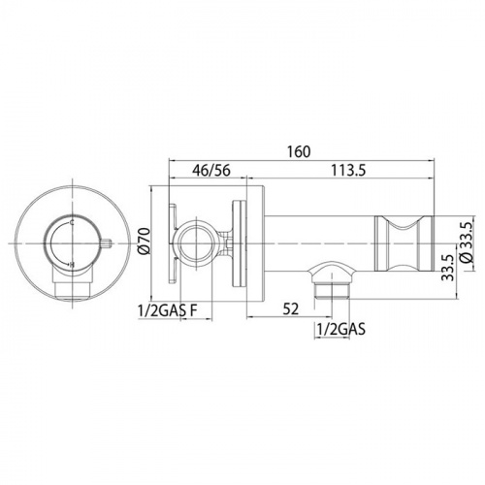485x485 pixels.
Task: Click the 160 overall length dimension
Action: click(300, 151)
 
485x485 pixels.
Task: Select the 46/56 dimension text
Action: click(211, 171)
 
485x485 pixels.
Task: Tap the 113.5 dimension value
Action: click(348, 171)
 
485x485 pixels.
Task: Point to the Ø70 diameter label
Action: click(145, 242)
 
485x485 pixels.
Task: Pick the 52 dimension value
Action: click(291, 309)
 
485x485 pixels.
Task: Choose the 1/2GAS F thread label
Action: click(168, 311)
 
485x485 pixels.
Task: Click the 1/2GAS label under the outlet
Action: click(341, 330)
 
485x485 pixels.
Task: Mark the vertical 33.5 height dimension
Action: click(448, 268)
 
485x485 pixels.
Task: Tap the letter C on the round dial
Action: click(72, 222)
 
